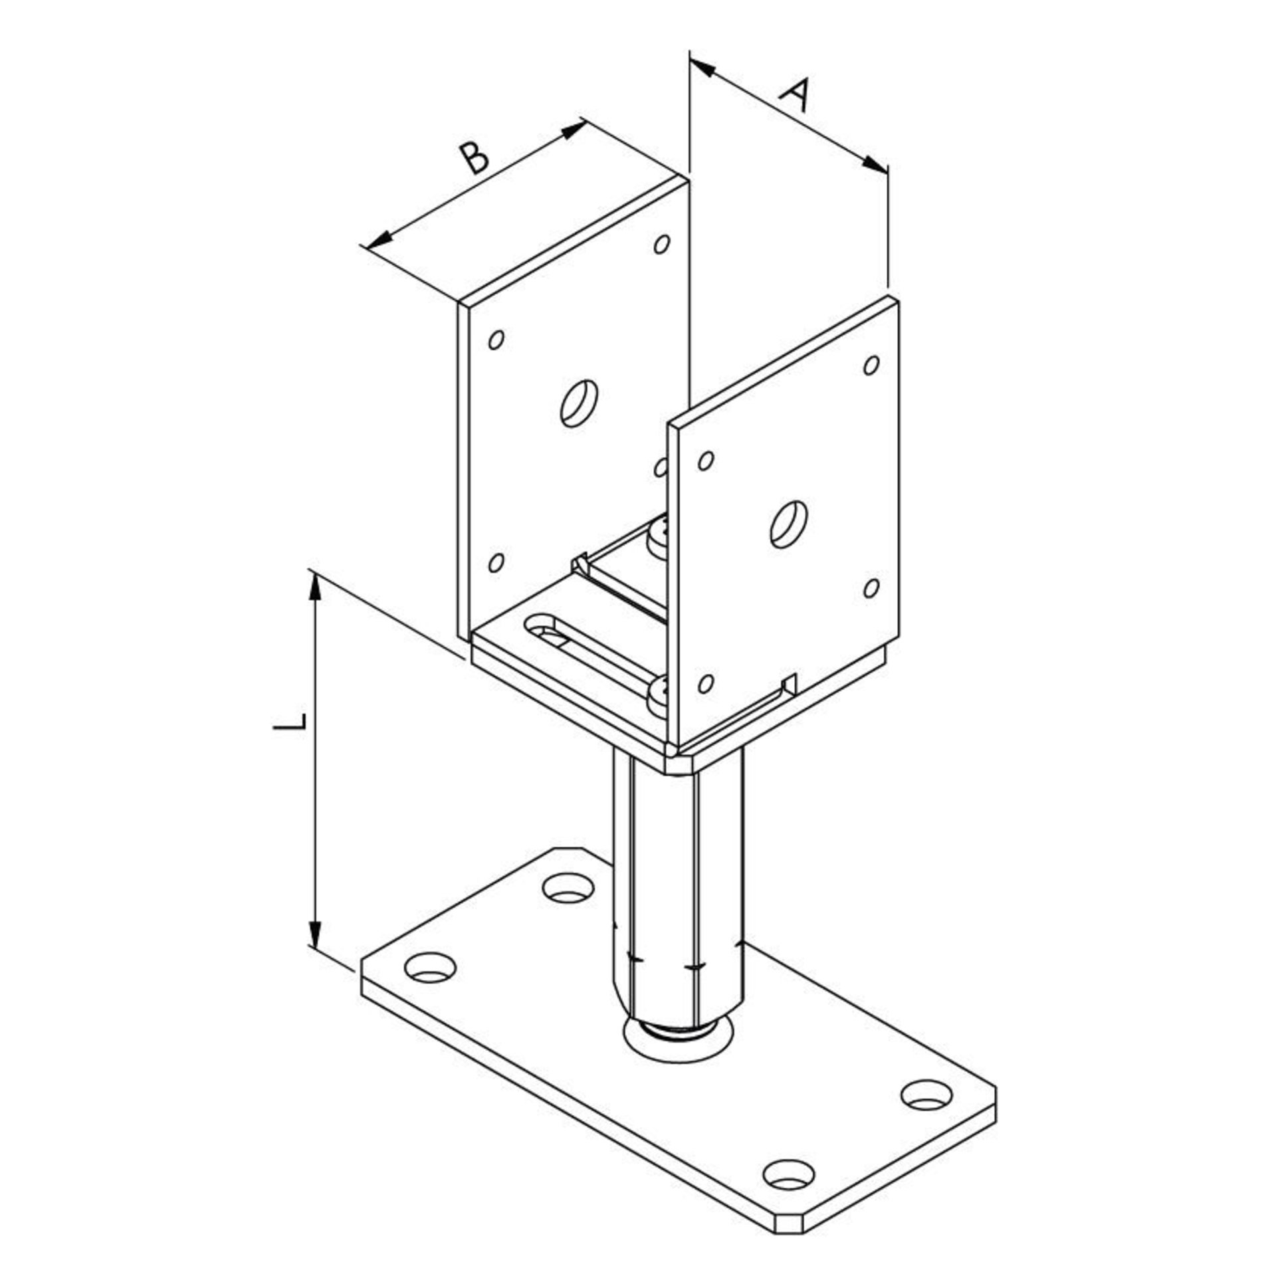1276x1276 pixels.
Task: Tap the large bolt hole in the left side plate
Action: coord(579,403)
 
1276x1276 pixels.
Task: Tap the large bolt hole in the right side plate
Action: coord(789,523)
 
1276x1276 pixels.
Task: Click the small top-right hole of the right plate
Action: coord(872,365)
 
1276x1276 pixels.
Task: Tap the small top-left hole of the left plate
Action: coord(495,340)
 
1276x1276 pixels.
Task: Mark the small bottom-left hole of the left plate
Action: coord(495,563)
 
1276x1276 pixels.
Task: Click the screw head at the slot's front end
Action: coord(660,692)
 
